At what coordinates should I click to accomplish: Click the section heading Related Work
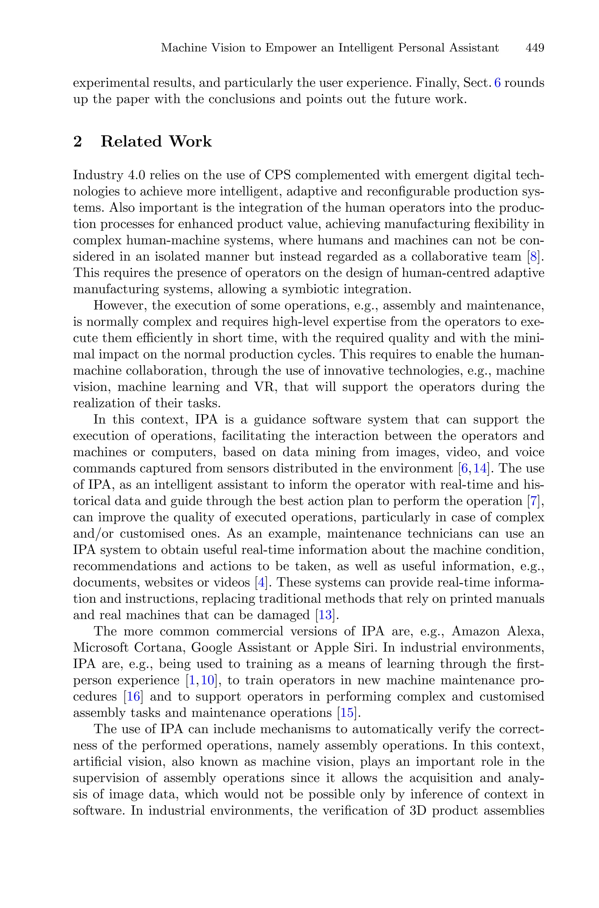[x=156, y=142]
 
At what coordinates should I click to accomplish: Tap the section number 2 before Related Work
[x=78, y=142]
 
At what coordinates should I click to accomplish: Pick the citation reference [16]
[x=133, y=697]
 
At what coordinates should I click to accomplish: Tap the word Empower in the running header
[x=290, y=48]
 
